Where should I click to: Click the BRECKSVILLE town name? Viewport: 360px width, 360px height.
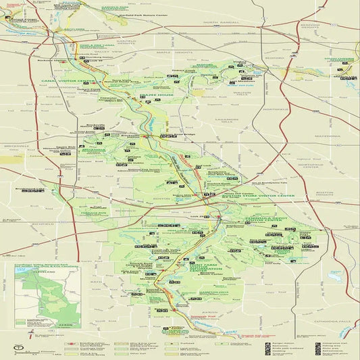pyautogui.click(x=17, y=145)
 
